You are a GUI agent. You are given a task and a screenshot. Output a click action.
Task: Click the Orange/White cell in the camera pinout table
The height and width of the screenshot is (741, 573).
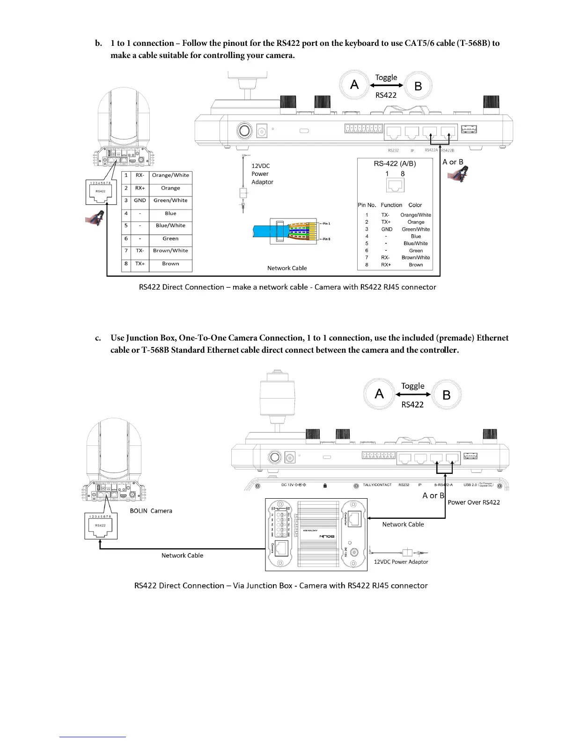point(170,175)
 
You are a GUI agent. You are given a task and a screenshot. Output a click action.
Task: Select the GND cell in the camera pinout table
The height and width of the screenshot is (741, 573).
point(140,201)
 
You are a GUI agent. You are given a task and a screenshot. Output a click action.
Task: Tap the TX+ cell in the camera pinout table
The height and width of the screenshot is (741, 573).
point(140,264)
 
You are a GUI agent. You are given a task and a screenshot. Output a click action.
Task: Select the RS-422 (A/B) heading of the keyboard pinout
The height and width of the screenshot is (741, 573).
point(395,164)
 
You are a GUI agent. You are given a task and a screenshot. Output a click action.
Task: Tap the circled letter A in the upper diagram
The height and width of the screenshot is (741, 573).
point(354,85)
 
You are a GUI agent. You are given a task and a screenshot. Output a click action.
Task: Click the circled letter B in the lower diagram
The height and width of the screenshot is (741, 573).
point(447,395)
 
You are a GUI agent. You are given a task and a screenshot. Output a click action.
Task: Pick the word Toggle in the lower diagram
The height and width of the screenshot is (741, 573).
point(412,386)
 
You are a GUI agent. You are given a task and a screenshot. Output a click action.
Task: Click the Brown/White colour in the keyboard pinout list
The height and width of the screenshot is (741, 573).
point(416,258)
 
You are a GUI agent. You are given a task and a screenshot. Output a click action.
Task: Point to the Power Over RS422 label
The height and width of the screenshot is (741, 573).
point(474,502)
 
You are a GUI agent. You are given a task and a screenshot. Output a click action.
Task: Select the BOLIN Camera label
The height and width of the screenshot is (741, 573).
point(151,511)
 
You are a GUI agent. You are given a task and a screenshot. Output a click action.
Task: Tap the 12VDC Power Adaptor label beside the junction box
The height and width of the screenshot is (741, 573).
point(401,562)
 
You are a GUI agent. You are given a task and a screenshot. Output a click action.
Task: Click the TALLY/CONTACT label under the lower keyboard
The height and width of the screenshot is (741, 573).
point(377,485)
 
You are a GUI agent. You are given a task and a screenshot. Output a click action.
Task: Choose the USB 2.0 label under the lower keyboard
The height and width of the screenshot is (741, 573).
point(470,485)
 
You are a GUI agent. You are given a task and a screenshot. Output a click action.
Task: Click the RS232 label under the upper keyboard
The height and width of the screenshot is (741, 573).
point(393,151)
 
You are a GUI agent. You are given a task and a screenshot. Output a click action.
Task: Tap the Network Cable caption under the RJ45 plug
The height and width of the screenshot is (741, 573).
point(287,268)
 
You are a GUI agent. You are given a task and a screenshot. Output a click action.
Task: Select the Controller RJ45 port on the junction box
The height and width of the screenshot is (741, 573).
point(354,517)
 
